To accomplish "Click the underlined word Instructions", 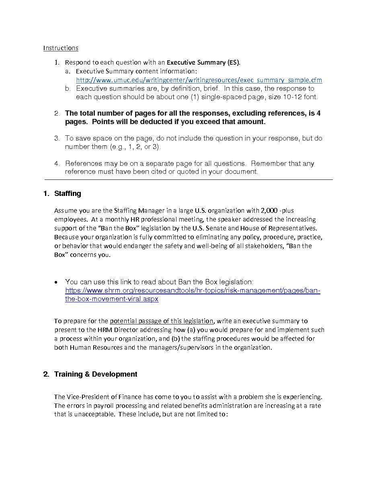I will coord(61,48).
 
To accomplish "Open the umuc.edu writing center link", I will coord(199,80).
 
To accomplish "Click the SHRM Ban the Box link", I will coord(193,291).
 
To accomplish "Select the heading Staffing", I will coord(68,194).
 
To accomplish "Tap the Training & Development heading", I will coord(96,374).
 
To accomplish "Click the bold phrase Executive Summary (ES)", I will coord(203,63).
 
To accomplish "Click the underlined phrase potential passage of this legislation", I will coord(162,321).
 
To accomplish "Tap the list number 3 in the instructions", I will coord(57,139).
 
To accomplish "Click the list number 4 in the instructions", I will coord(57,163).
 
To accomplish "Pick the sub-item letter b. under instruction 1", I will coord(68,89).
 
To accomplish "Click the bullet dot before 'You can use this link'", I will coord(57,282).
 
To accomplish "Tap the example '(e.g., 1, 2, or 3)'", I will coord(135,147).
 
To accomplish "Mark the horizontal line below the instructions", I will coord(188,180).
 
